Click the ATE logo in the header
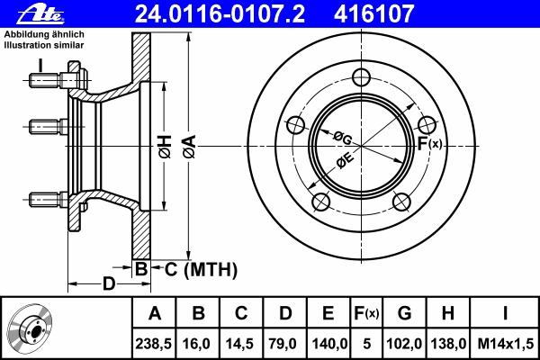[41, 14]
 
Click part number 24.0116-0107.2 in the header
[220, 13]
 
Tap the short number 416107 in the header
[373, 13]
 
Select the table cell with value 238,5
[154, 344]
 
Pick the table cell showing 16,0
[198, 344]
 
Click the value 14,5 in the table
[241, 344]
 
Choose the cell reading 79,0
[284, 344]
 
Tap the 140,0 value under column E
[328, 344]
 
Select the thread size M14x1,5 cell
[505, 344]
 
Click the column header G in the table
[404, 313]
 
